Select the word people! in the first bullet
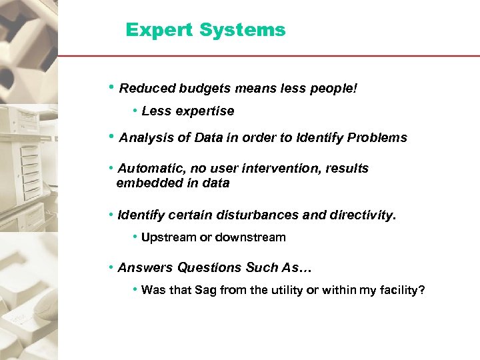(334, 89)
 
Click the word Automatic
(148, 169)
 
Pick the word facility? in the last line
(401, 290)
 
